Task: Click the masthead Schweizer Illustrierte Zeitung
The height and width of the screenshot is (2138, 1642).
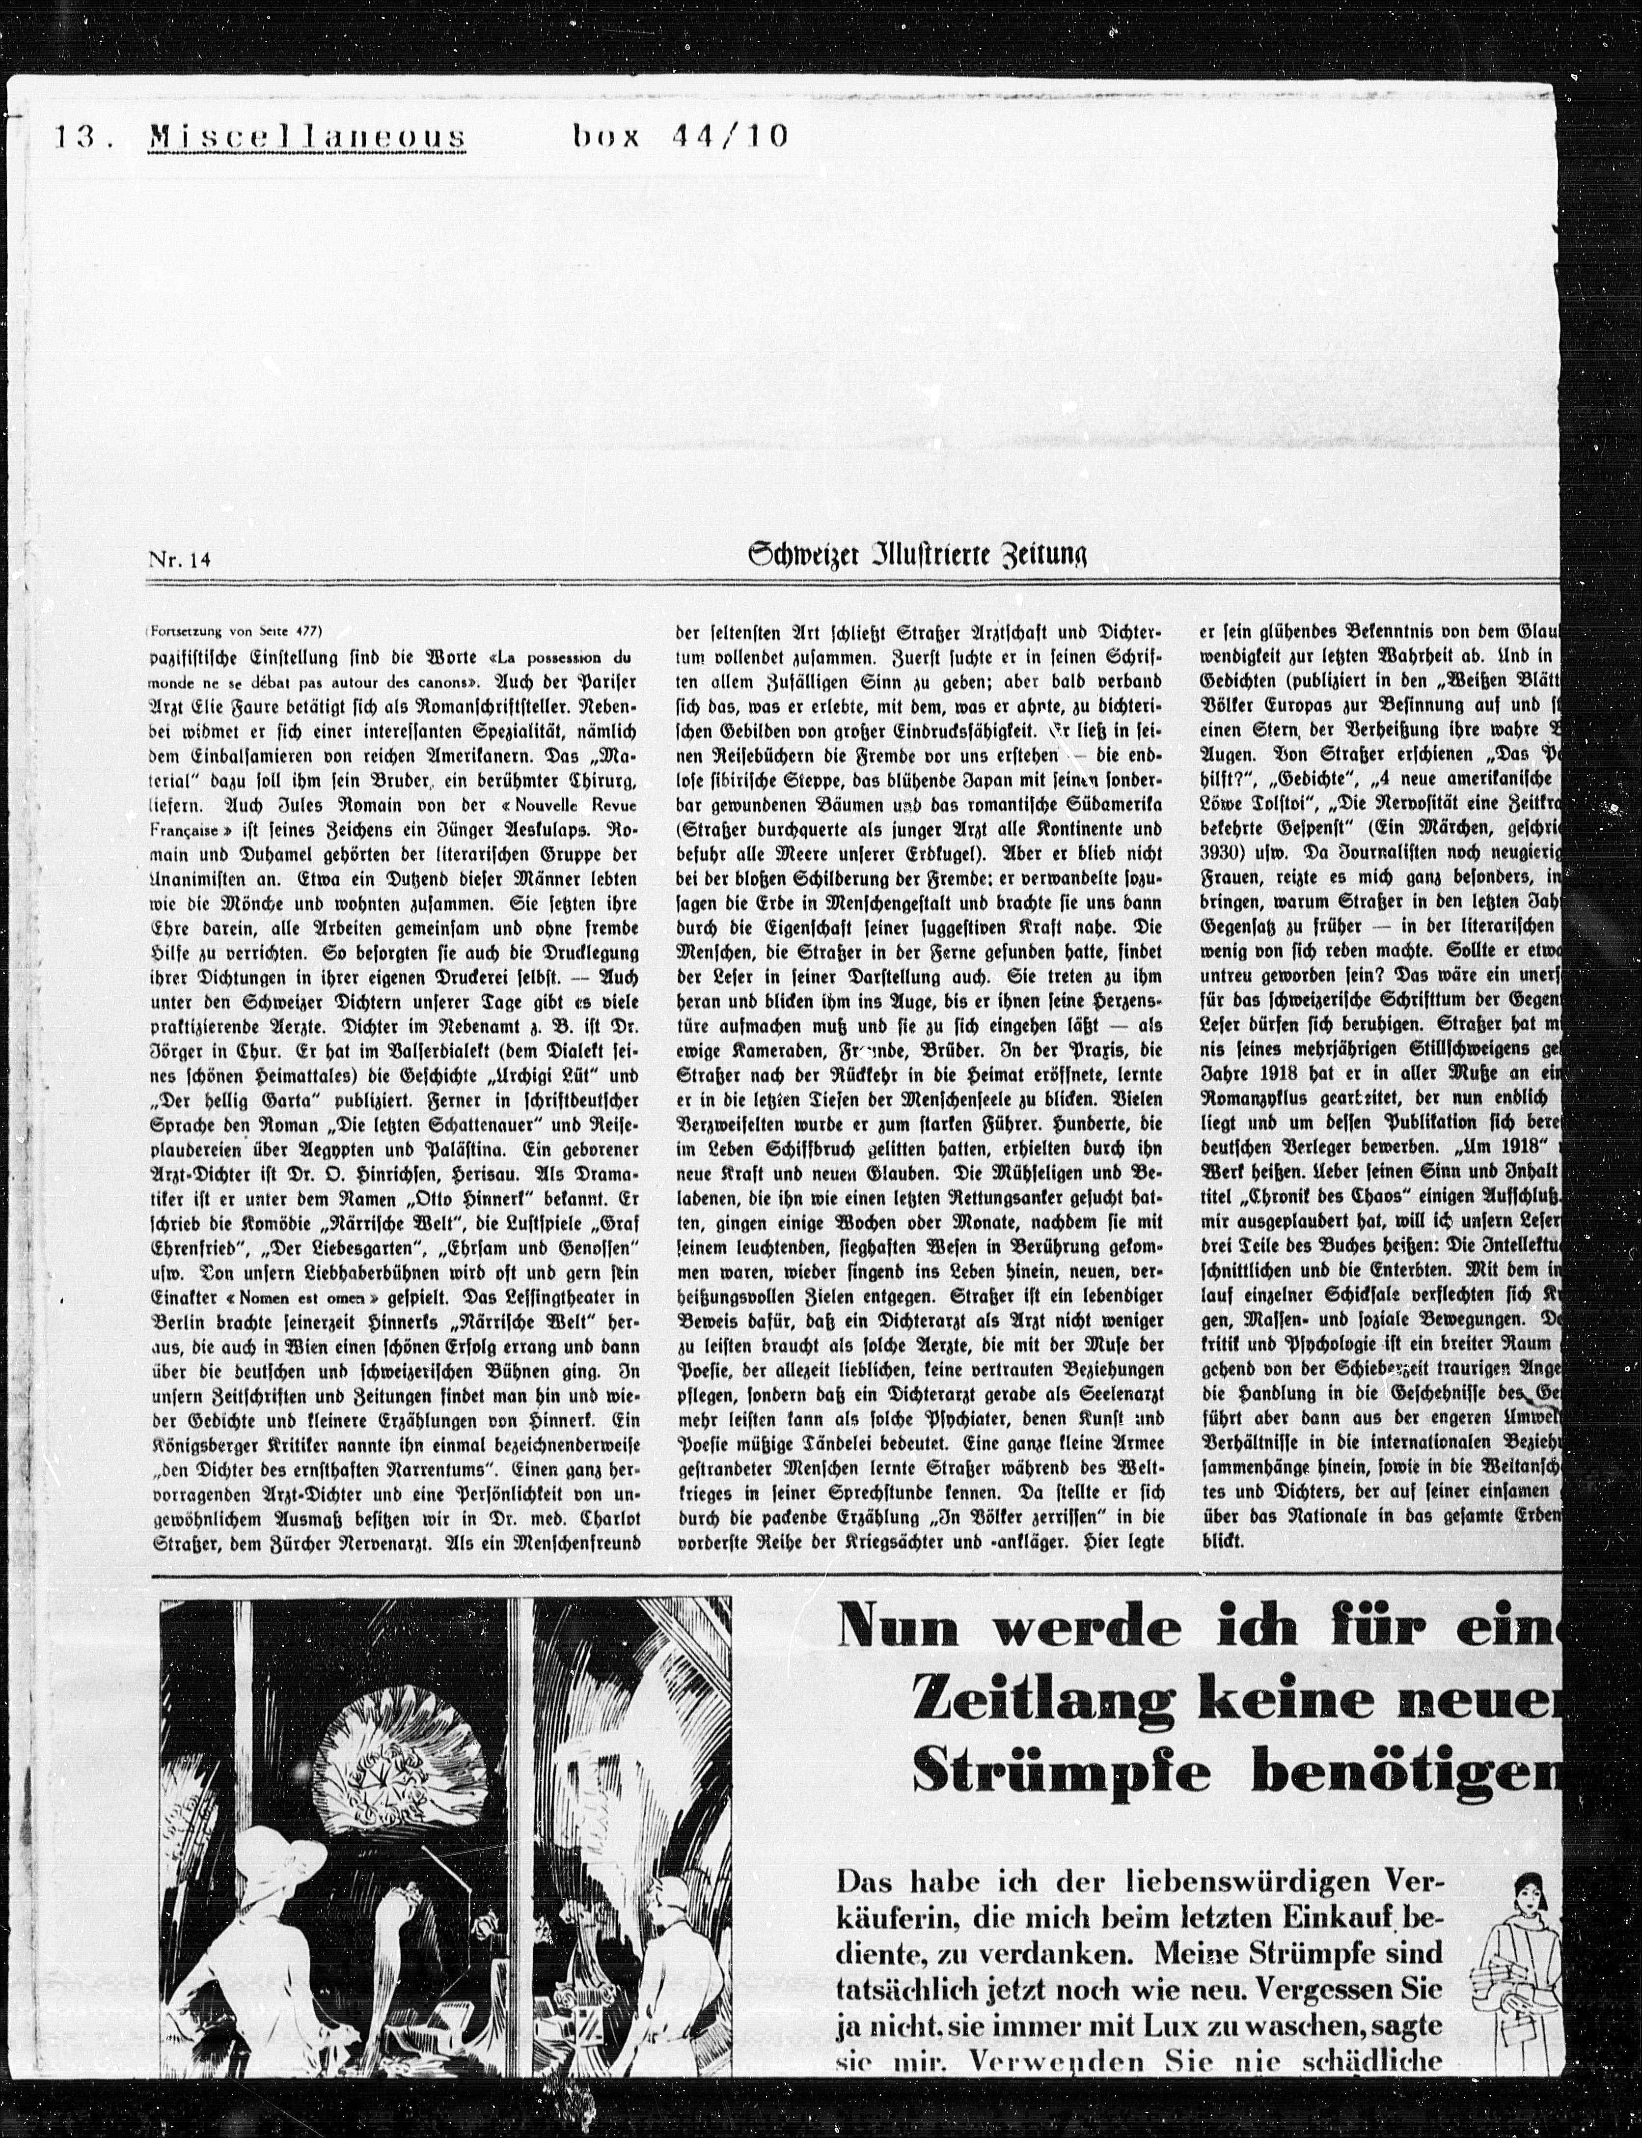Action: click(x=917, y=556)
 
